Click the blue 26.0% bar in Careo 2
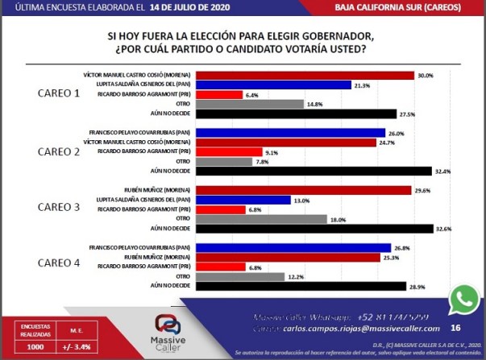(x=292, y=133)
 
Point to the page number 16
(x=455, y=328)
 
